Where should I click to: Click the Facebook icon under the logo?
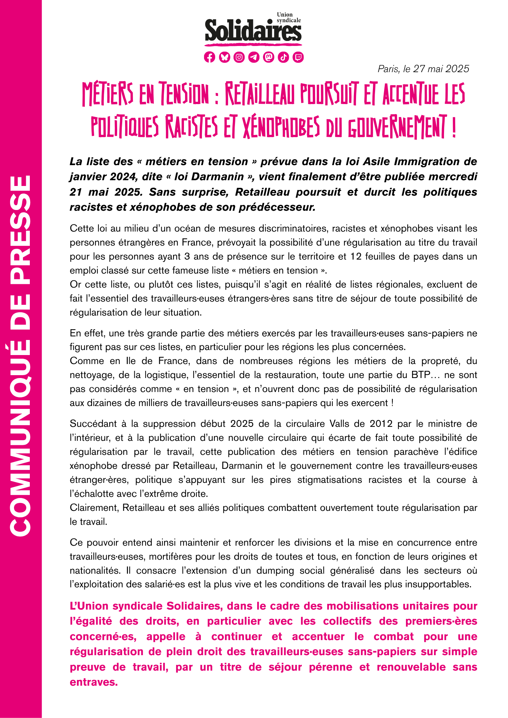tap(209, 57)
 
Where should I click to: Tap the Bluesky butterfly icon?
tap(225, 57)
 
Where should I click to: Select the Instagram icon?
tap(239, 57)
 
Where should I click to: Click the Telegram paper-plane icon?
tap(254, 57)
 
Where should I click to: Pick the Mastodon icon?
tap(269, 57)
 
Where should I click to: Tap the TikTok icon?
tap(283, 57)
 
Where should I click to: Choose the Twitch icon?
tap(298, 57)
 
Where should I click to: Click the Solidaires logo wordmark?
tap(253, 32)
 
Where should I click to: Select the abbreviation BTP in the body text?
tap(421, 375)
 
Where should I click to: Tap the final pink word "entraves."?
tap(94, 682)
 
